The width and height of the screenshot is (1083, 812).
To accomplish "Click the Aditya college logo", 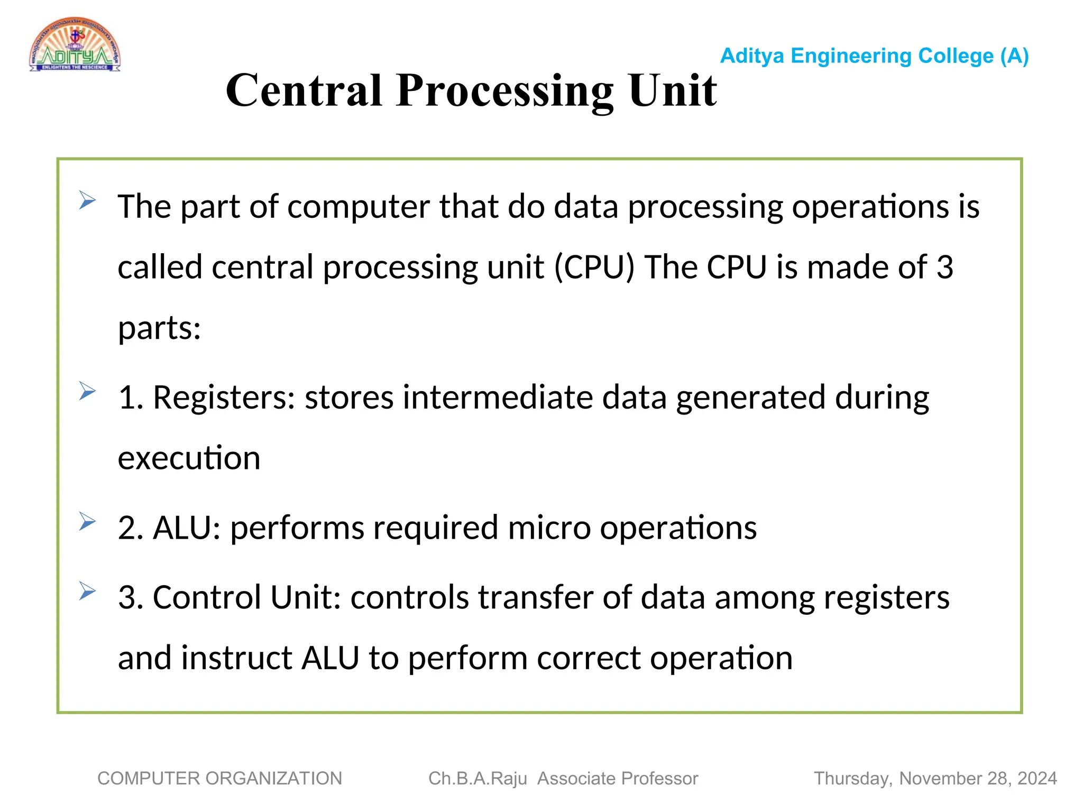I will [75, 44].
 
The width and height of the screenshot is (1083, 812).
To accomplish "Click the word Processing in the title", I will [504, 91].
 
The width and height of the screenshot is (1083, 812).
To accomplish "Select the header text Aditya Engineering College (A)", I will [874, 56].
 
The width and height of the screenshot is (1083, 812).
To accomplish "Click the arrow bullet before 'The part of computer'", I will [87, 200].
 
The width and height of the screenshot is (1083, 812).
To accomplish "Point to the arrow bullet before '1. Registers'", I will [87, 391].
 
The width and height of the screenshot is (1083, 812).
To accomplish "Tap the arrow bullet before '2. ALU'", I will [87, 522].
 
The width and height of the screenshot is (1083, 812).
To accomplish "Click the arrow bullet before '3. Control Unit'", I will [87, 591].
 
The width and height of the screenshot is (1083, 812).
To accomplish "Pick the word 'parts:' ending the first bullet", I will [159, 328].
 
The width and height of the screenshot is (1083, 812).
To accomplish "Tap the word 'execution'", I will [189, 458].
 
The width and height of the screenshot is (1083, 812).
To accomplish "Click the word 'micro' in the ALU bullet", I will [549, 528].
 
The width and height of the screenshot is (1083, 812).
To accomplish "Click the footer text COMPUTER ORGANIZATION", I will [219, 779].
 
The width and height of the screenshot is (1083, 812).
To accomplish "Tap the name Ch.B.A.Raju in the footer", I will [478, 779].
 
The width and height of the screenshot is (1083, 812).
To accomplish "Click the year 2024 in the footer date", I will [1036, 779].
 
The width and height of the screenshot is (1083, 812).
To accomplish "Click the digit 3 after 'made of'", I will [944, 267].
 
